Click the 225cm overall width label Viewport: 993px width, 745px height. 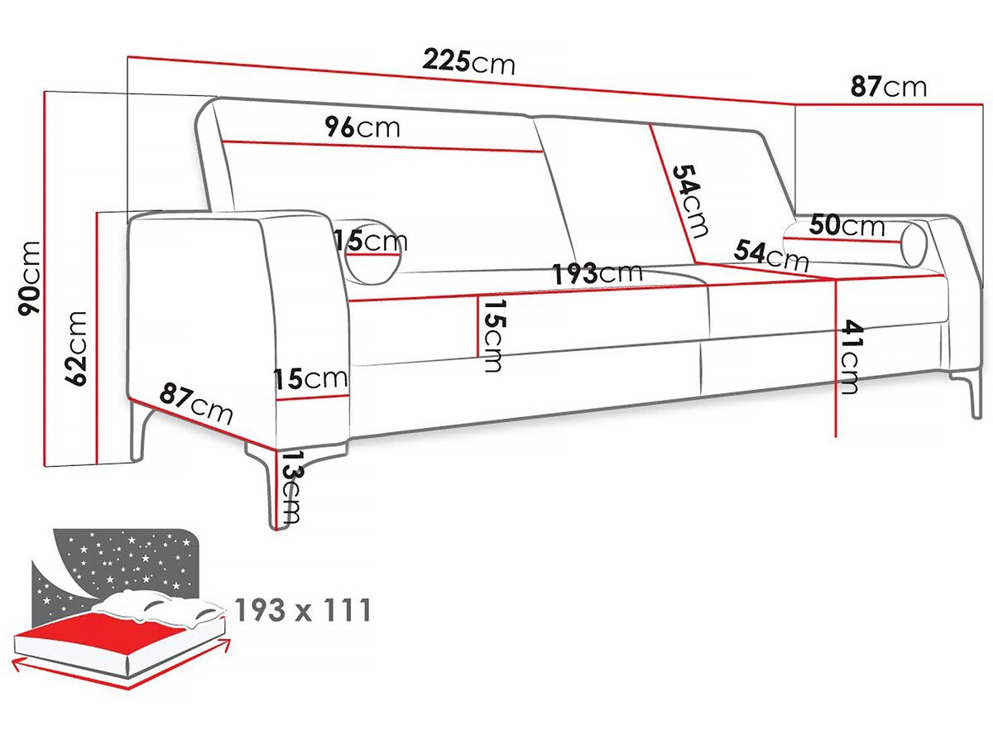click(468, 62)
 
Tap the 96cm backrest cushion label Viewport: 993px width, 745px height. click(362, 127)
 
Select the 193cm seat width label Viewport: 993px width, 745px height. click(597, 272)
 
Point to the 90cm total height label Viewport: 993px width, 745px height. click(30, 278)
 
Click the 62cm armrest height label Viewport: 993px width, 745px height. click(75, 348)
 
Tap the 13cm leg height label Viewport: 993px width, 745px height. click(291, 489)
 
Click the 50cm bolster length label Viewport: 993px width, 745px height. click(847, 225)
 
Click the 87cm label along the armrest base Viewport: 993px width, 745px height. click(195, 403)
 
